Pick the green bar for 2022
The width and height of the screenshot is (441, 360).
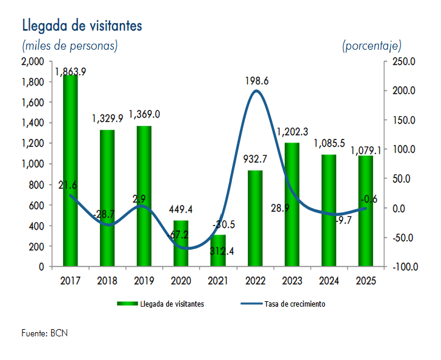255,218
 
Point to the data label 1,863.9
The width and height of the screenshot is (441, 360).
71,72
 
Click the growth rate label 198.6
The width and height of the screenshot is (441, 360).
257,80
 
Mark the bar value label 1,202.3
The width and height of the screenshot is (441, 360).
292,132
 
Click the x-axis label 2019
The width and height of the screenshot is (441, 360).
144,281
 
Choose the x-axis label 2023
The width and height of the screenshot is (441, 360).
292,281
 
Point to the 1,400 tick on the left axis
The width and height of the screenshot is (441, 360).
33,123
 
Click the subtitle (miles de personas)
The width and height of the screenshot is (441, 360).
70,45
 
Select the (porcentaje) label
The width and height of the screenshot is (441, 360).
371,45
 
